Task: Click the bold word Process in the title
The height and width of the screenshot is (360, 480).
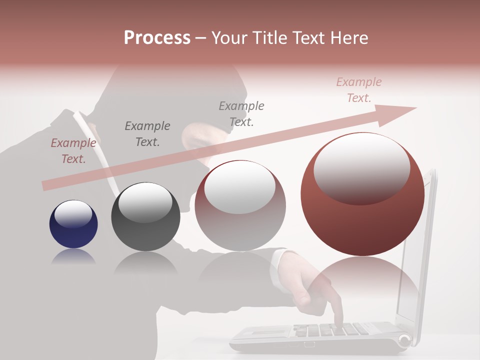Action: pos(157,37)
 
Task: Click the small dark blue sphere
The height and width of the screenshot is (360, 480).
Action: pos(73,224)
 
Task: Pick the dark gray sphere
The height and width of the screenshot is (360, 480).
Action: pos(145,216)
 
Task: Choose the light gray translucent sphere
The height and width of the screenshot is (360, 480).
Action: pos(240,205)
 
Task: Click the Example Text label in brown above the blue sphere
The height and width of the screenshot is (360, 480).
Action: pos(73,151)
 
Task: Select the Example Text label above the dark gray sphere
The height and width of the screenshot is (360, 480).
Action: pos(147,134)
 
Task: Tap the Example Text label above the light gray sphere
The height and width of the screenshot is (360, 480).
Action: pos(241,114)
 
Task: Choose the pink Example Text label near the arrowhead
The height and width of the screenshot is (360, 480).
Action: pos(359,90)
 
